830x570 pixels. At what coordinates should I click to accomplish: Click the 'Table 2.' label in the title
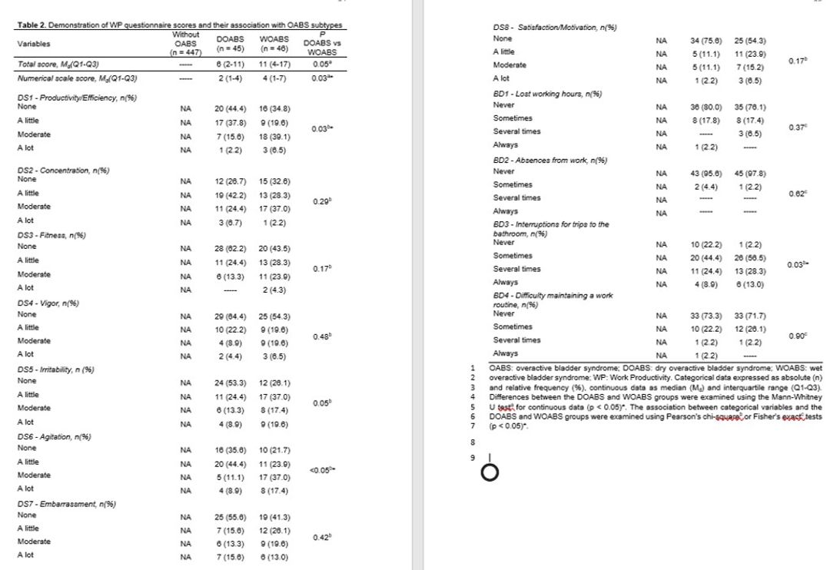30,27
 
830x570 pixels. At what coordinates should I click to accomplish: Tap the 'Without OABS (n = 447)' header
187,44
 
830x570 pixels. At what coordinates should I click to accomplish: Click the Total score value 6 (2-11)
231,66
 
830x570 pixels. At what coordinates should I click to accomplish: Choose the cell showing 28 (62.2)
231,249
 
